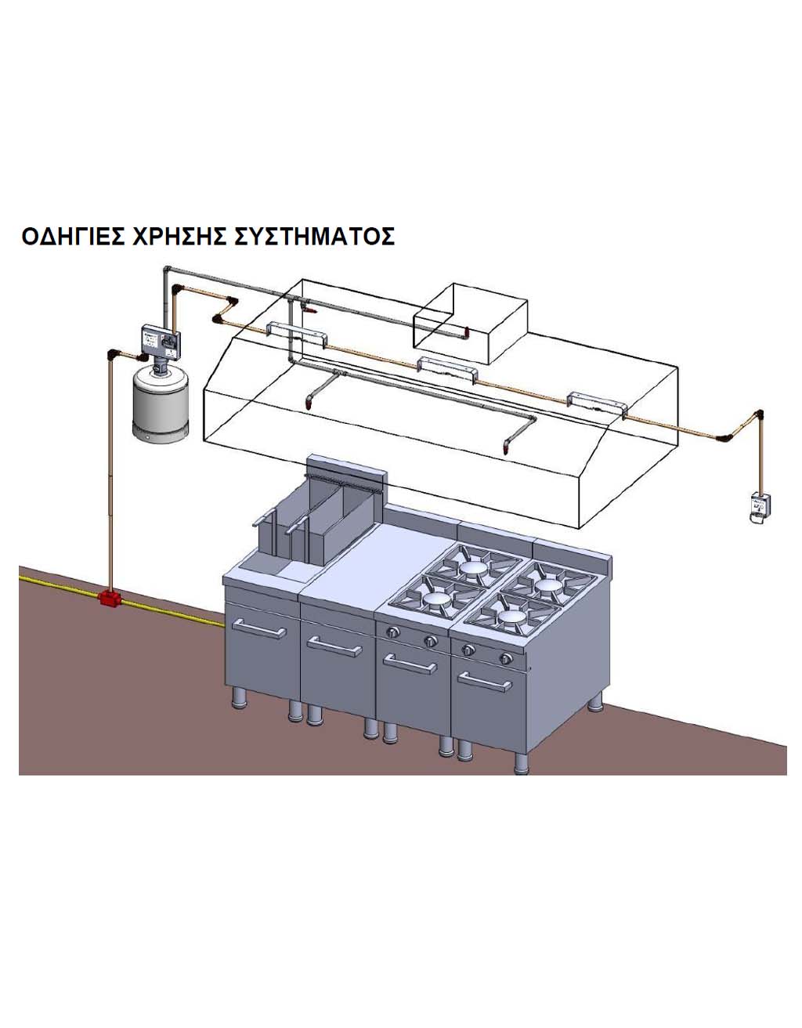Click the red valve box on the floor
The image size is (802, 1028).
click(x=107, y=599)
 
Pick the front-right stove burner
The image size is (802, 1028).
click(x=513, y=617)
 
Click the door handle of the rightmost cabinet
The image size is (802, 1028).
click(x=484, y=683)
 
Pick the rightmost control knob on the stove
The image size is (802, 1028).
click(x=507, y=659)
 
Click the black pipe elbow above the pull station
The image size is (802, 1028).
click(x=757, y=414)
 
